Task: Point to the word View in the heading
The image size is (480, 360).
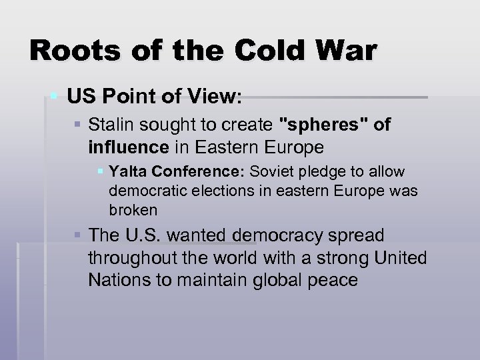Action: click(x=215, y=98)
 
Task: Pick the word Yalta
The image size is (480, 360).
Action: click(x=125, y=172)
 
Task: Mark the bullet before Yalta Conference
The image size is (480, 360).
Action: click(x=101, y=172)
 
